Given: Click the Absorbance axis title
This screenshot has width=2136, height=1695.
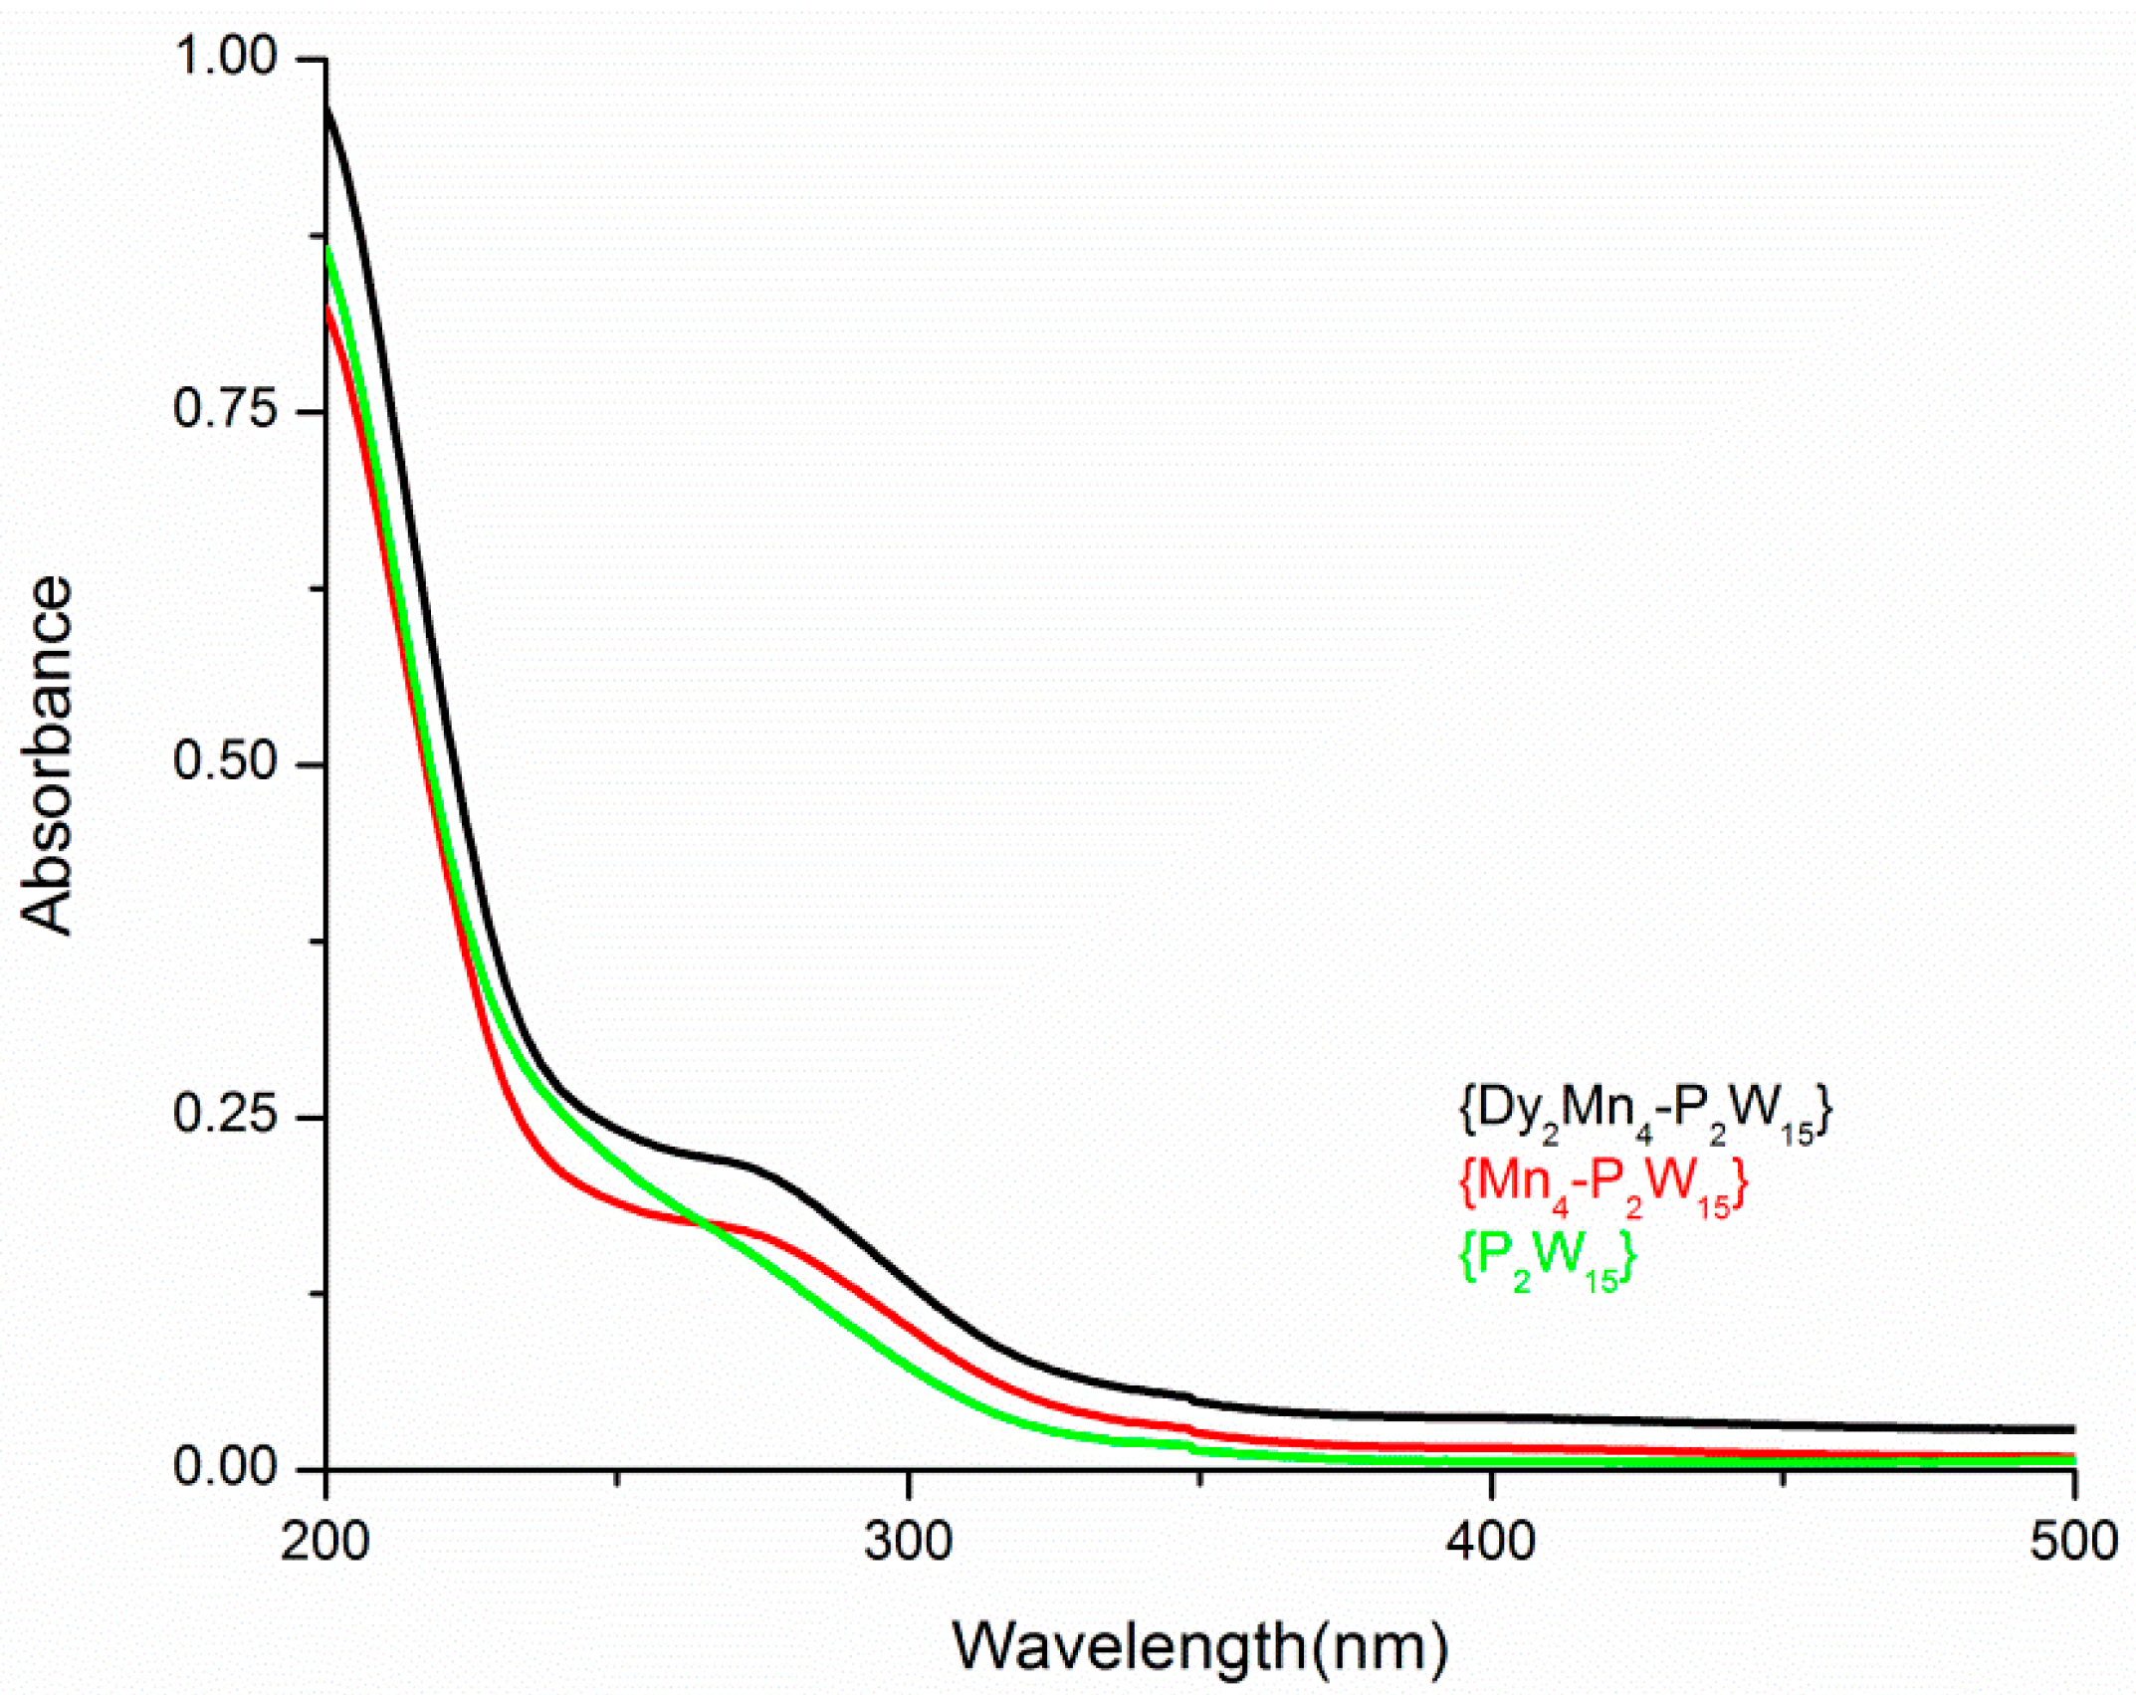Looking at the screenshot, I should [x=48, y=756].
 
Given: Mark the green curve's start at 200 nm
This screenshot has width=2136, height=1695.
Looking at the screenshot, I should [x=327, y=248].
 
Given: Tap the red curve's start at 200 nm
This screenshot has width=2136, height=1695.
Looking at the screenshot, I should [x=327, y=308].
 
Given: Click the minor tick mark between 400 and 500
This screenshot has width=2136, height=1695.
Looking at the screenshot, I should [x=1783, y=1479].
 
